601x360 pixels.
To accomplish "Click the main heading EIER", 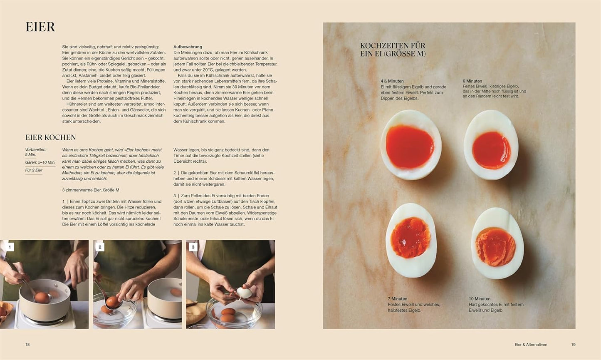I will click(40, 27).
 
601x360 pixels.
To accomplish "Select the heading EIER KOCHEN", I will click(51, 137).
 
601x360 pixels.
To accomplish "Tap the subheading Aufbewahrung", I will click(188, 47).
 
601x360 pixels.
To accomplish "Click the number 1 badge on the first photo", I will click(10, 247).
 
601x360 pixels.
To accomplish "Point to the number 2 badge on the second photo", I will click(100, 247).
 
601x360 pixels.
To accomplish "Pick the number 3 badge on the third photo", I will click(193, 247).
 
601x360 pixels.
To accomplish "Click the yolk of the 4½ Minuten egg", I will click(409, 146).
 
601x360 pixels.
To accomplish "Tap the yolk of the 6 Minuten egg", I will click(491, 150).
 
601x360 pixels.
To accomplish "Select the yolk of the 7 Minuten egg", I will click(410, 238).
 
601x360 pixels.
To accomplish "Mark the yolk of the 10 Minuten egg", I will click(496, 247).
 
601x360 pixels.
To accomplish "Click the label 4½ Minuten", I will click(392, 81).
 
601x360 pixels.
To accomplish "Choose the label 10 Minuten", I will click(480, 299).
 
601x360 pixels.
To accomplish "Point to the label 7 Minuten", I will click(397, 299).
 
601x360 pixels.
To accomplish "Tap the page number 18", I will click(27, 345).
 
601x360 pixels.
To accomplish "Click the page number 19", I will click(573, 345).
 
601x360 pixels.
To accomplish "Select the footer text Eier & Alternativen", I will click(531, 345).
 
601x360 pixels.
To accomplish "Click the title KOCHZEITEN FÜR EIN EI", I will click(393, 50).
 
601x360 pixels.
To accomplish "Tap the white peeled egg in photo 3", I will click(244, 293).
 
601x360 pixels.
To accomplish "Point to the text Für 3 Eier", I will click(34, 170).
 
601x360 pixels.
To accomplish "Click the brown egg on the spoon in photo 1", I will click(41, 297).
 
